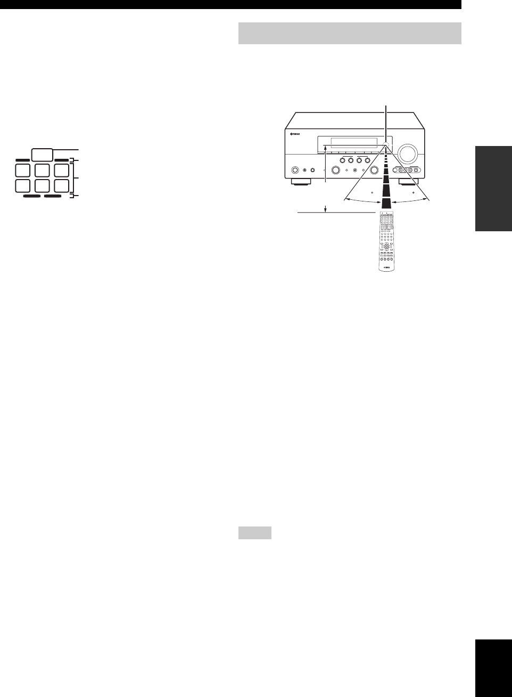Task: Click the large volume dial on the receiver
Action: point(407,153)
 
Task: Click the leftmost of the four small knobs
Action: point(342,160)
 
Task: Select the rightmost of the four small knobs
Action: point(368,160)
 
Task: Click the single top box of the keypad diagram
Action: point(42,155)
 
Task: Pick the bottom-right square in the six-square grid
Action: point(61,186)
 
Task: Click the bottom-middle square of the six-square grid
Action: point(42,186)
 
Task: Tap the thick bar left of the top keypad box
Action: point(23,159)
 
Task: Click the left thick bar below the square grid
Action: point(32,196)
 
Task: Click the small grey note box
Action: point(254,532)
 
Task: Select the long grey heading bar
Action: point(349,34)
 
